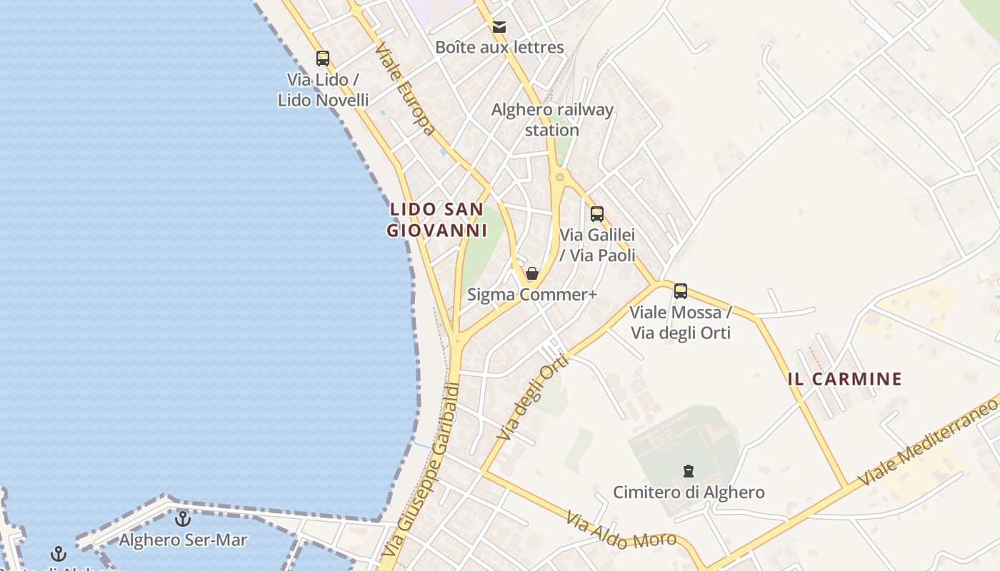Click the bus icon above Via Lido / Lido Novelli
pos(323,59)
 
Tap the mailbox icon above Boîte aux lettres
pos(499,28)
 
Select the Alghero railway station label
pos(552,120)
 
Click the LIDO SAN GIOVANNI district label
pos(436,220)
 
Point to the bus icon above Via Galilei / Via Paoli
pos(597,213)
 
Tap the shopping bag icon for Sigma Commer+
pos(531,273)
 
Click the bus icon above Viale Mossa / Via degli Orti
pos(681,291)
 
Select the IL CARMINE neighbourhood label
pos(845,379)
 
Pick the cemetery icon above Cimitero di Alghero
pos(689,471)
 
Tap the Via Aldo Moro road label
pos(621,531)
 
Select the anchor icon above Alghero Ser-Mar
pos(183,519)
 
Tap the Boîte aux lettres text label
pos(499,48)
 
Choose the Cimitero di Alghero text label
pos(689,492)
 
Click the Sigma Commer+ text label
pos(531,294)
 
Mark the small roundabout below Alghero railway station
pos(560,177)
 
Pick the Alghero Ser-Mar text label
pos(183,540)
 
